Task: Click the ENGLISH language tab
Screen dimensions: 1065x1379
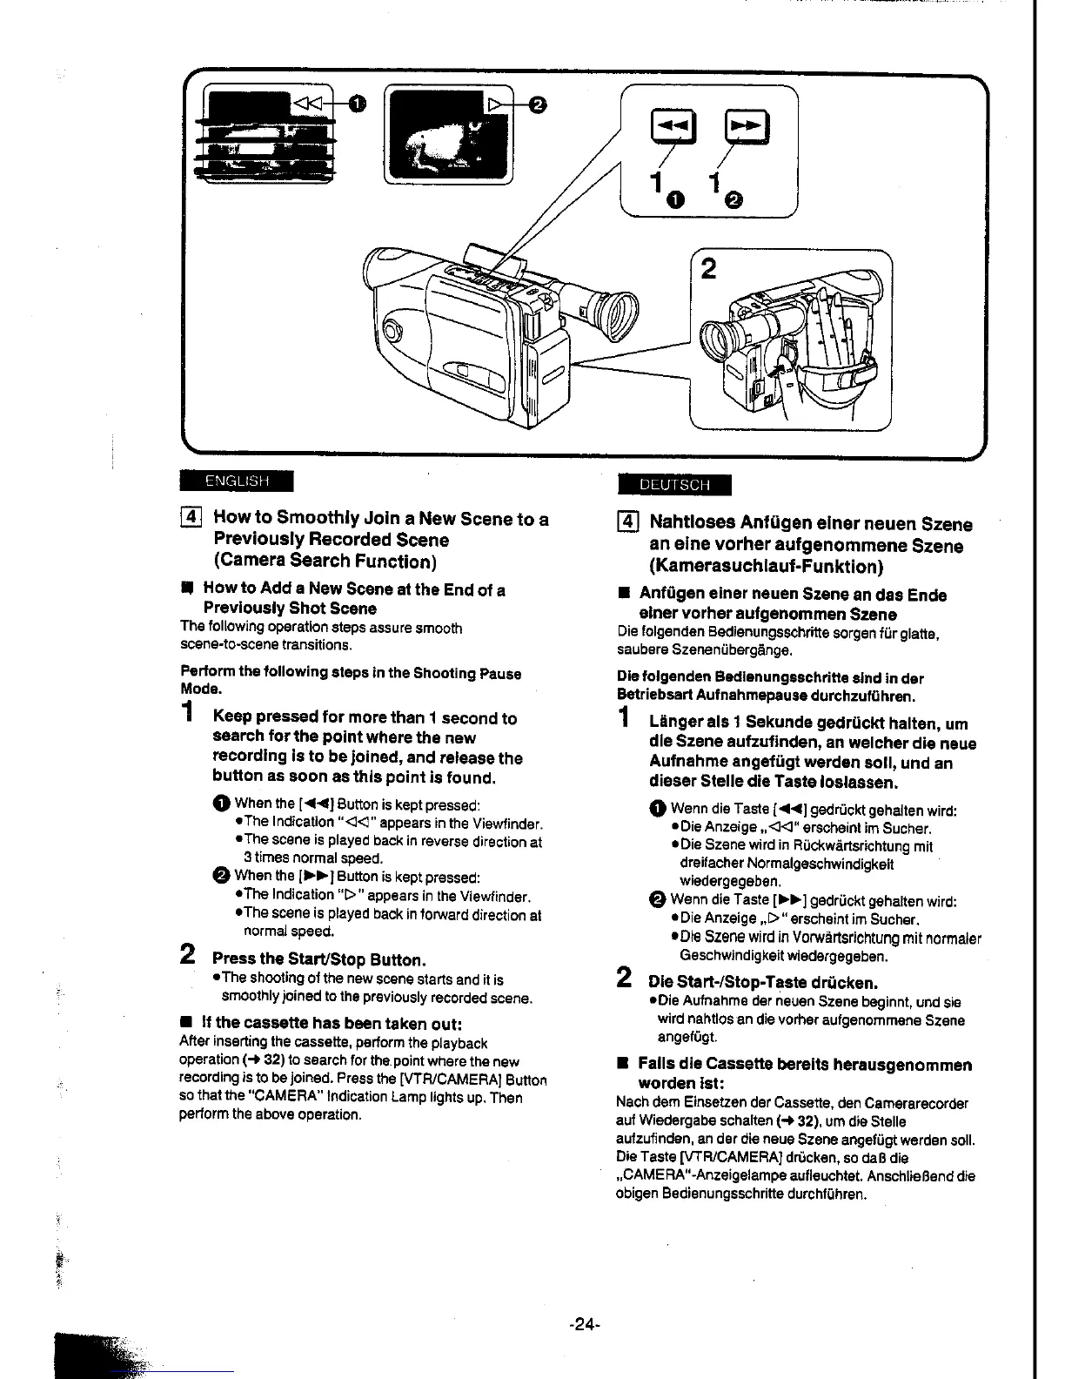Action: click(237, 481)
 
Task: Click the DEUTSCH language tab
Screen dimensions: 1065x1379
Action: click(673, 485)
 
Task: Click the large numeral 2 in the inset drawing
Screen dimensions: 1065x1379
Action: click(708, 269)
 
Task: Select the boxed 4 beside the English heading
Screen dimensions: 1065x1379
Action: click(191, 519)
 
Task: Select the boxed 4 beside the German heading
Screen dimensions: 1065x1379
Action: click(627, 524)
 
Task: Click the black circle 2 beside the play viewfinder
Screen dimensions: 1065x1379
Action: click(538, 105)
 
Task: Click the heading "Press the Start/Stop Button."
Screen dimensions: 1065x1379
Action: click(319, 959)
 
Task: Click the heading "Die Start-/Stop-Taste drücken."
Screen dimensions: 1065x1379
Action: click(763, 983)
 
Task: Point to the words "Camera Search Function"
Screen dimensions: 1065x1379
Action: click(325, 561)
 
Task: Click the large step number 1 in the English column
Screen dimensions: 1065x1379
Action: click(187, 714)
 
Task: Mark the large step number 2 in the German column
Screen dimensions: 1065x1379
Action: click(624, 978)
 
